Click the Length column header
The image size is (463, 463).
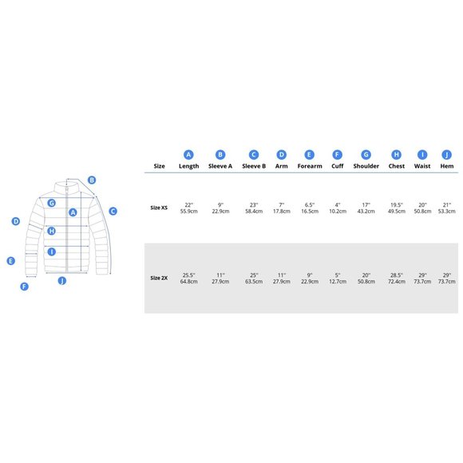[x=188, y=166]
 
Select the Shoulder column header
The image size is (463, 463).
[x=366, y=166]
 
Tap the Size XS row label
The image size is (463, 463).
[x=159, y=208]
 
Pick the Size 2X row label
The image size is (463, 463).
[x=159, y=278]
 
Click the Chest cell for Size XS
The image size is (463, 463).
[x=396, y=208]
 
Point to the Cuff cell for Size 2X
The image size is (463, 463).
[x=338, y=278]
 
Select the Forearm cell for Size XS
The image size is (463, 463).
[x=310, y=208]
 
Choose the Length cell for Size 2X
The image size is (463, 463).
[x=188, y=278]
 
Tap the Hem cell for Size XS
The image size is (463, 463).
[x=446, y=208]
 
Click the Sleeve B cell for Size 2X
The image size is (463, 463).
[x=254, y=278]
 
